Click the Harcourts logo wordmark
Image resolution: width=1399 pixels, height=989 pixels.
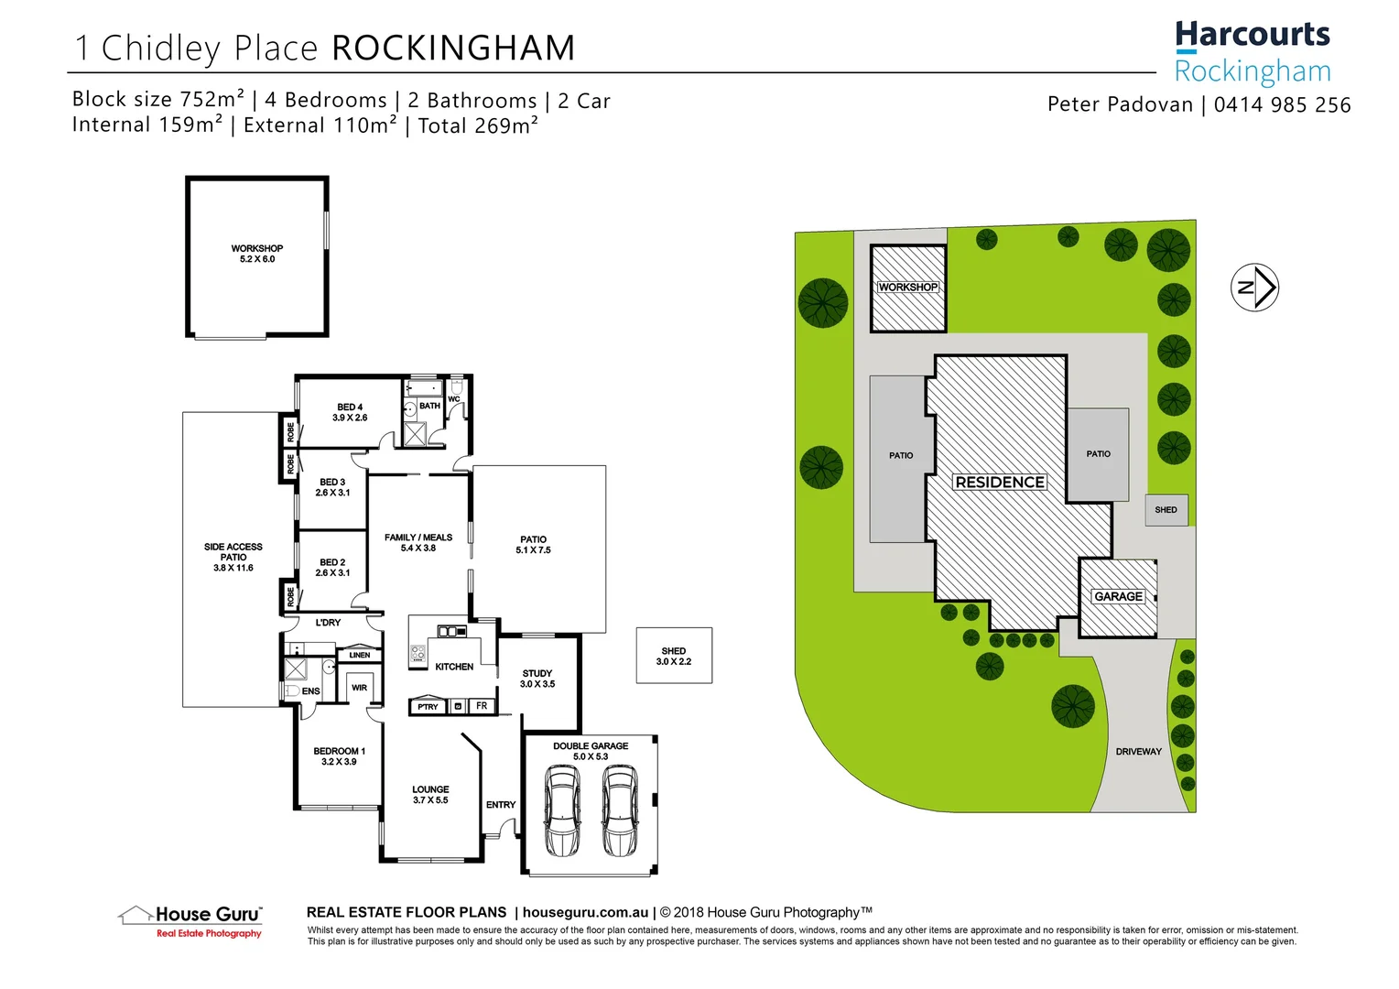(x=1252, y=36)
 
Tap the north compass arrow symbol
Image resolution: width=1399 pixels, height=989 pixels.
(x=1253, y=288)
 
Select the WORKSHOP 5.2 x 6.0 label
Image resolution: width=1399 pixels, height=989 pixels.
(x=257, y=254)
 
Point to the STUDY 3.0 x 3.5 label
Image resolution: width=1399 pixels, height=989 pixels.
(x=537, y=679)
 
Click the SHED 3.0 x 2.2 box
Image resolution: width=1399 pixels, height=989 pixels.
(x=674, y=656)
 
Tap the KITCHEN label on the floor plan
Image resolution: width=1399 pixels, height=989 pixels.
(x=454, y=667)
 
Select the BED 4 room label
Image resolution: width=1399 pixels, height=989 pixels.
(x=350, y=412)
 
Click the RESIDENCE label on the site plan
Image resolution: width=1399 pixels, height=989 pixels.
(x=999, y=483)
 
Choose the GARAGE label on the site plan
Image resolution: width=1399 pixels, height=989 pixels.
(x=1118, y=596)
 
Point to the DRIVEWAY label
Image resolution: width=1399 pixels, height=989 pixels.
(x=1138, y=752)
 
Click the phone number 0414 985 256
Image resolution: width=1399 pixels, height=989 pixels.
(x=1282, y=105)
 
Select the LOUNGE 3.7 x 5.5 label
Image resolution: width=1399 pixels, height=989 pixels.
(x=430, y=795)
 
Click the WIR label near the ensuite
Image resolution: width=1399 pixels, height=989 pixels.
(x=359, y=688)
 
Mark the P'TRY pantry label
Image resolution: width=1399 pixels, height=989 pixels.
(x=428, y=707)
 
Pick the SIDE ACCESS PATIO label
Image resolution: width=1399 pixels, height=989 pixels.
(x=233, y=557)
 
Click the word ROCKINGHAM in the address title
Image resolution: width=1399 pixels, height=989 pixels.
(x=453, y=49)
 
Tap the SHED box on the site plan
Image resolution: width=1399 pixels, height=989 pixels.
(x=1166, y=510)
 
